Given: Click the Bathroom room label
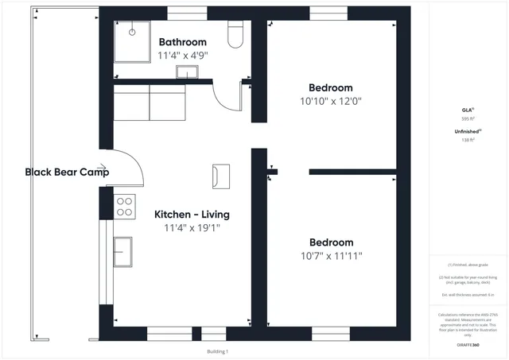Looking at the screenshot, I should (182, 42).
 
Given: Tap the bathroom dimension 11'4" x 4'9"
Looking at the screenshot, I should (182, 56).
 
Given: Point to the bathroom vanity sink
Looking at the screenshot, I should (188, 73).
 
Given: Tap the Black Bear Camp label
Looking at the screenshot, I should (67, 172).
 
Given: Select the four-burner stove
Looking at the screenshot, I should (125, 207).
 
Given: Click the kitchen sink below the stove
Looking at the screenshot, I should (124, 253).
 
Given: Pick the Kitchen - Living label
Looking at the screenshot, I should (192, 215).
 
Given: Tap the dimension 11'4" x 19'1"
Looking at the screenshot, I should (192, 228).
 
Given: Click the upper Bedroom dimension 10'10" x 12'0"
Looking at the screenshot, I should (330, 102).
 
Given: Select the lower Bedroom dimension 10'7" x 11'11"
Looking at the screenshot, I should (331, 256).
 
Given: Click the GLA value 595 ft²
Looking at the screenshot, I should (467, 118).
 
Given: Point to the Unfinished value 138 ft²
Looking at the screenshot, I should (467, 140).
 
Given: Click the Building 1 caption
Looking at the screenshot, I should (217, 351).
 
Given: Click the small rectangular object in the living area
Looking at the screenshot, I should (220, 176).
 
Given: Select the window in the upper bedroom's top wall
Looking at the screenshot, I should (328, 14).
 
